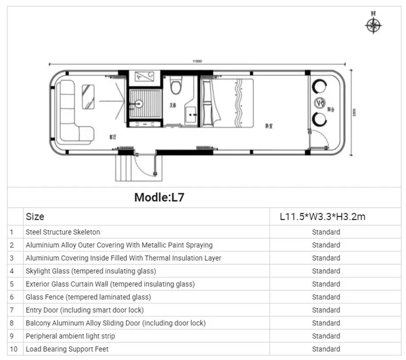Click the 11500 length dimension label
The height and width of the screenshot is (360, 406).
197,62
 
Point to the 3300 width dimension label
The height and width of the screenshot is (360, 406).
353,113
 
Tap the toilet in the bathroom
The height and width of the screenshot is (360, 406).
176,86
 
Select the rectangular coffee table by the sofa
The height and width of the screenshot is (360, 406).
88,97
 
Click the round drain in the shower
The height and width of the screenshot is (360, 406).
139,105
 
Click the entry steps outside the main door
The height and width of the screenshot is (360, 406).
124,168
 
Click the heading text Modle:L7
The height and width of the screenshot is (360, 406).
159,197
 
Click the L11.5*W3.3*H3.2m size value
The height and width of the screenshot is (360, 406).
323,217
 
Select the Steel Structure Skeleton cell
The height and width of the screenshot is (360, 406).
63,232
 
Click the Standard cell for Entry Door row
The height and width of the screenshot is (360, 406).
326,310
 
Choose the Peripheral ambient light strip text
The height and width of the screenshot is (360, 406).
70,336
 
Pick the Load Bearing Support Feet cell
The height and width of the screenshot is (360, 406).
67,349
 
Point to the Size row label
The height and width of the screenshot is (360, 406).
35,217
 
